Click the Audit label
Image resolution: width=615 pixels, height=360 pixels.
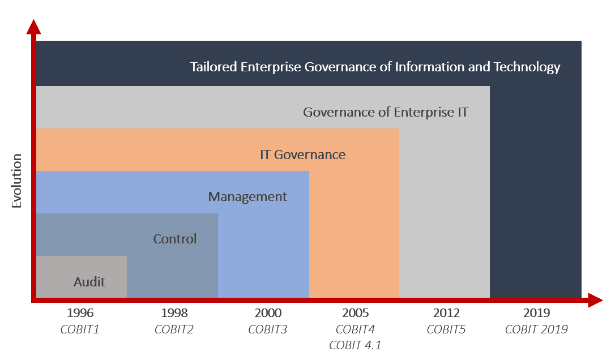click(89, 281)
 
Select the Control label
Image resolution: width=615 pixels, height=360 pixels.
click(175, 239)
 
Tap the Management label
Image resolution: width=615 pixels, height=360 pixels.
click(247, 197)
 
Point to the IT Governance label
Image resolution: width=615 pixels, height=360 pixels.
click(302, 155)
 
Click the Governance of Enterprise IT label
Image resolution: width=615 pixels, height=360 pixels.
click(386, 112)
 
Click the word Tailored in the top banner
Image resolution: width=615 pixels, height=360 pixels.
click(213, 67)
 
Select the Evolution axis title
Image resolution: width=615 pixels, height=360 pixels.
click(16, 181)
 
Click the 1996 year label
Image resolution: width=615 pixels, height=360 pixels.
click(80, 313)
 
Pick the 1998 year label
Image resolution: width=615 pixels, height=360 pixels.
click(174, 313)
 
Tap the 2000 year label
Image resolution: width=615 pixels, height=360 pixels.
click(268, 313)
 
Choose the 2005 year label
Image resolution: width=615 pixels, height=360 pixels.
click(355, 313)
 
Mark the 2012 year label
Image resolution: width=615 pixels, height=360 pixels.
click(446, 313)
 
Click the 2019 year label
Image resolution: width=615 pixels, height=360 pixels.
click(536, 313)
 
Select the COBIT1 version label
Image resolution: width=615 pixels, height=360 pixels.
click(80, 329)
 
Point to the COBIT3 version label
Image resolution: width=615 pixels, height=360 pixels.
click(268, 329)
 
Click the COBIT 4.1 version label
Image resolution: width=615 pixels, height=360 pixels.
click(355, 345)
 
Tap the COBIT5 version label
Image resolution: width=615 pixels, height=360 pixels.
click(446, 329)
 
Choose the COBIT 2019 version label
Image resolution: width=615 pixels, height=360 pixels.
click(536, 329)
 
